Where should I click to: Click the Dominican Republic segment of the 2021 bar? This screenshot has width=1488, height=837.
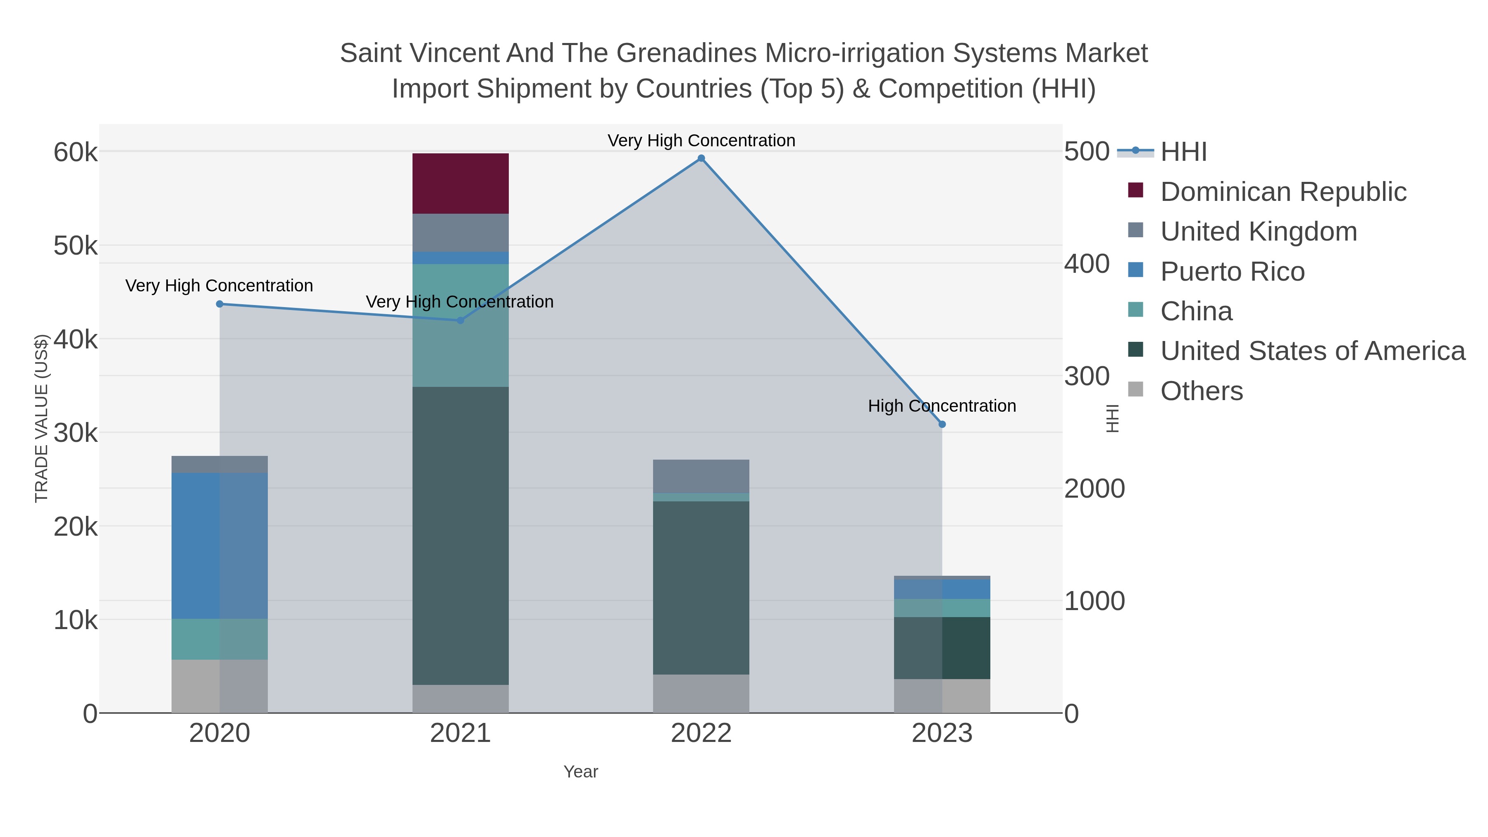click(x=460, y=184)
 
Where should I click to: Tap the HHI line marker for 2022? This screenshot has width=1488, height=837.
click(x=701, y=158)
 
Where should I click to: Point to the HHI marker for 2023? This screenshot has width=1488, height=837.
click(x=942, y=424)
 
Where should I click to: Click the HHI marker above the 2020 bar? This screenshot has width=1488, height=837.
click(x=219, y=304)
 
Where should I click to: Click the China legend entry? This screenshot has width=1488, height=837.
click(x=1196, y=311)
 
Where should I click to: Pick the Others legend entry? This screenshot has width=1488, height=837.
click(x=1202, y=391)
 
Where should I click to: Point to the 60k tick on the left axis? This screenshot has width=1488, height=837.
click(x=76, y=153)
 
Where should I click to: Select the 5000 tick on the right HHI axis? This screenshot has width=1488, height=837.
click(x=1086, y=152)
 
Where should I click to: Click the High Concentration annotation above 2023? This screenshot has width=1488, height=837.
click(x=942, y=406)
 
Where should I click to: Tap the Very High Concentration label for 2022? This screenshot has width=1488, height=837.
click(x=701, y=141)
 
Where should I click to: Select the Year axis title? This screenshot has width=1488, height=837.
click(x=581, y=772)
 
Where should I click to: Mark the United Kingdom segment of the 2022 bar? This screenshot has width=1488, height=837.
click(x=701, y=476)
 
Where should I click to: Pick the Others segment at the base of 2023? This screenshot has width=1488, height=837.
click(x=942, y=696)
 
